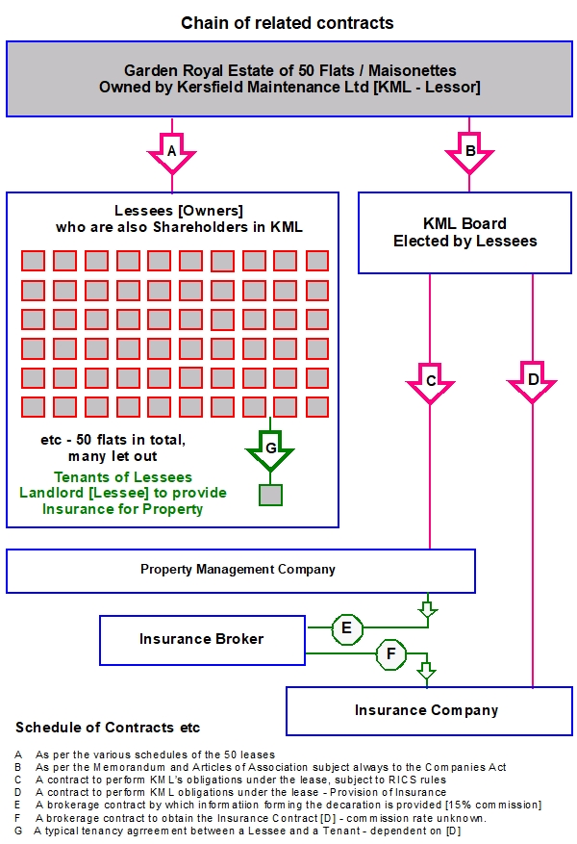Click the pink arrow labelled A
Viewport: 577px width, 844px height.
[x=171, y=153]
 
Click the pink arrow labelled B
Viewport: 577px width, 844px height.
[x=469, y=153]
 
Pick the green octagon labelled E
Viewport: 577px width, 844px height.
[x=347, y=628]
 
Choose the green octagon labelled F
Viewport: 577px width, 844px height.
[x=391, y=654]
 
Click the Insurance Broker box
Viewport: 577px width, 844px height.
[x=202, y=640]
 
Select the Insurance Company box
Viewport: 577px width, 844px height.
[x=429, y=711]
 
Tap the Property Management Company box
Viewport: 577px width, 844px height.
[x=241, y=571]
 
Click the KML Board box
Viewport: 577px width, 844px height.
[x=465, y=233]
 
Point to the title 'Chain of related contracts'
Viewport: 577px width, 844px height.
[x=288, y=23]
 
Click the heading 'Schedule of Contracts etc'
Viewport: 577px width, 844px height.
[x=108, y=728]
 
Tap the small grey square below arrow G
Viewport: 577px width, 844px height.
[x=270, y=496]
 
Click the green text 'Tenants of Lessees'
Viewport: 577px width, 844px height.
[x=123, y=477]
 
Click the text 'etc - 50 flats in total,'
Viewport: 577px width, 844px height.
[x=113, y=440]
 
